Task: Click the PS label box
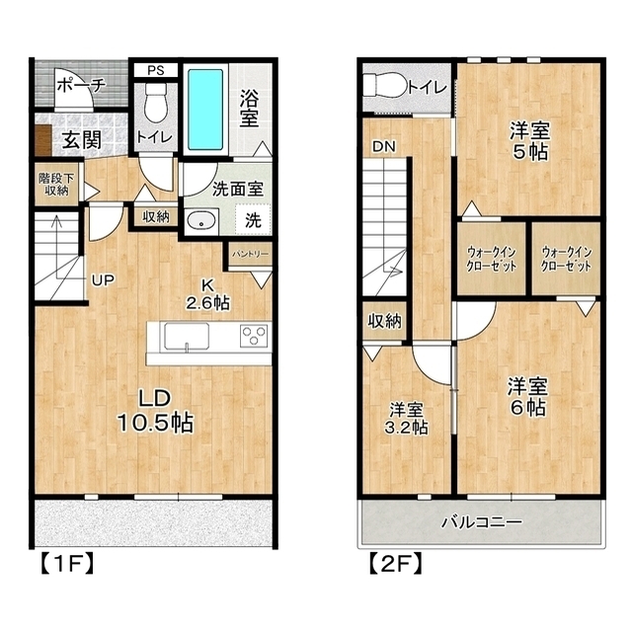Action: coord(156,70)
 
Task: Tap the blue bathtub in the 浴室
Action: coord(205,110)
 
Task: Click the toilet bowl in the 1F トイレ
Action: coord(155,103)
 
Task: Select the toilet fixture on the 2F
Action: coord(384,85)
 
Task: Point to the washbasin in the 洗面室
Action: coord(201,221)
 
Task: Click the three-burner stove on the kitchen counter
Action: coord(254,336)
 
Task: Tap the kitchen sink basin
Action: coord(187,336)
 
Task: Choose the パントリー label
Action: coord(250,255)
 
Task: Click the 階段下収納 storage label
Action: coord(56,185)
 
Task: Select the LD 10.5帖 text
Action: coord(156,411)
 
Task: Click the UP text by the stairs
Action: coord(103,280)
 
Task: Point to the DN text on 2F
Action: coord(384,147)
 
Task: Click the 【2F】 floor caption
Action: coord(395,563)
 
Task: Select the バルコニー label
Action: coord(482,522)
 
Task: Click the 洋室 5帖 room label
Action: coord(529,140)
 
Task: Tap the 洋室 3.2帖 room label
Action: coord(406,419)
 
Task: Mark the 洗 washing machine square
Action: coord(253,219)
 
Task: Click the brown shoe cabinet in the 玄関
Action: coord(42,140)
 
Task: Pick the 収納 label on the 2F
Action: coord(384,321)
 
